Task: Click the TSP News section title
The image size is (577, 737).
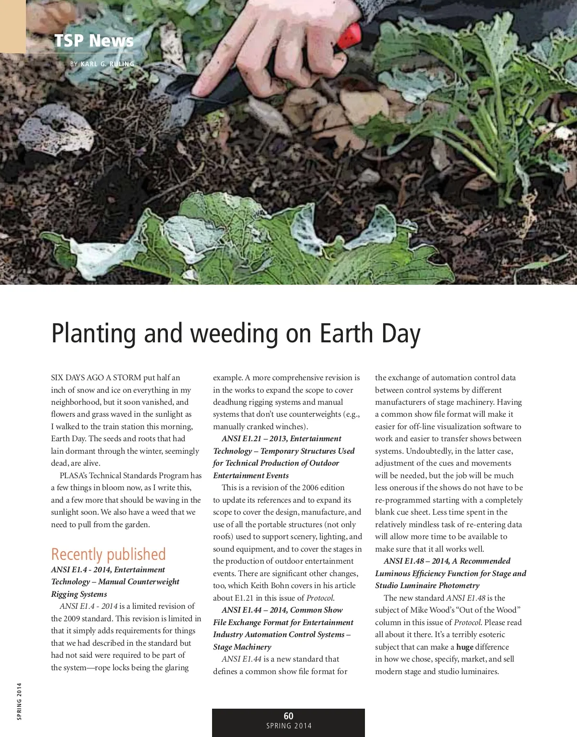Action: click(94, 40)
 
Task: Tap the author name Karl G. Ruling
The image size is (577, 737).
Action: click(107, 64)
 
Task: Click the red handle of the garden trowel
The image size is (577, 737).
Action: click(350, 36)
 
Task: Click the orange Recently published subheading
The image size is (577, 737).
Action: click(108, 554)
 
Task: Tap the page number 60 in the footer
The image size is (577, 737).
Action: click(288, 716)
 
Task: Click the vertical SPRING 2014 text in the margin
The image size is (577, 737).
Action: click(19, 701)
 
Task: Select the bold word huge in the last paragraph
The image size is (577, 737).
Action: click(464, 647)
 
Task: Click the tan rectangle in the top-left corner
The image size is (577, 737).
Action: click(13, 26)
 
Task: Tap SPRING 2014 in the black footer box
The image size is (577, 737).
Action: click(288, 726)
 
